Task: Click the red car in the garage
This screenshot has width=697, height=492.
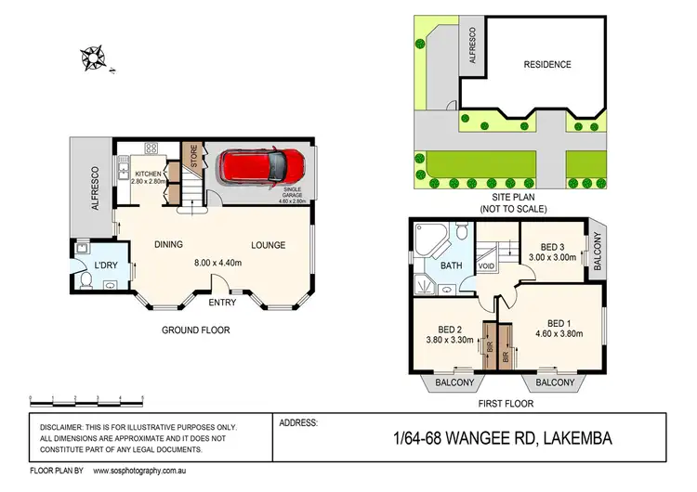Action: tap(260, 167)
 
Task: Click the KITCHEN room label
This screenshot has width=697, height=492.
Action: tap(149, 174)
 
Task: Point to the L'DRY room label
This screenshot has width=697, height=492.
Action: tap(104, 267)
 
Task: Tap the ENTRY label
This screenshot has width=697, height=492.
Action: tap(222, 302)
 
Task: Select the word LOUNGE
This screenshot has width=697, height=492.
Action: tap(268, 245)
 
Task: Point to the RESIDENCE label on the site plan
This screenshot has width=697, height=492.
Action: tap(546, 64)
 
